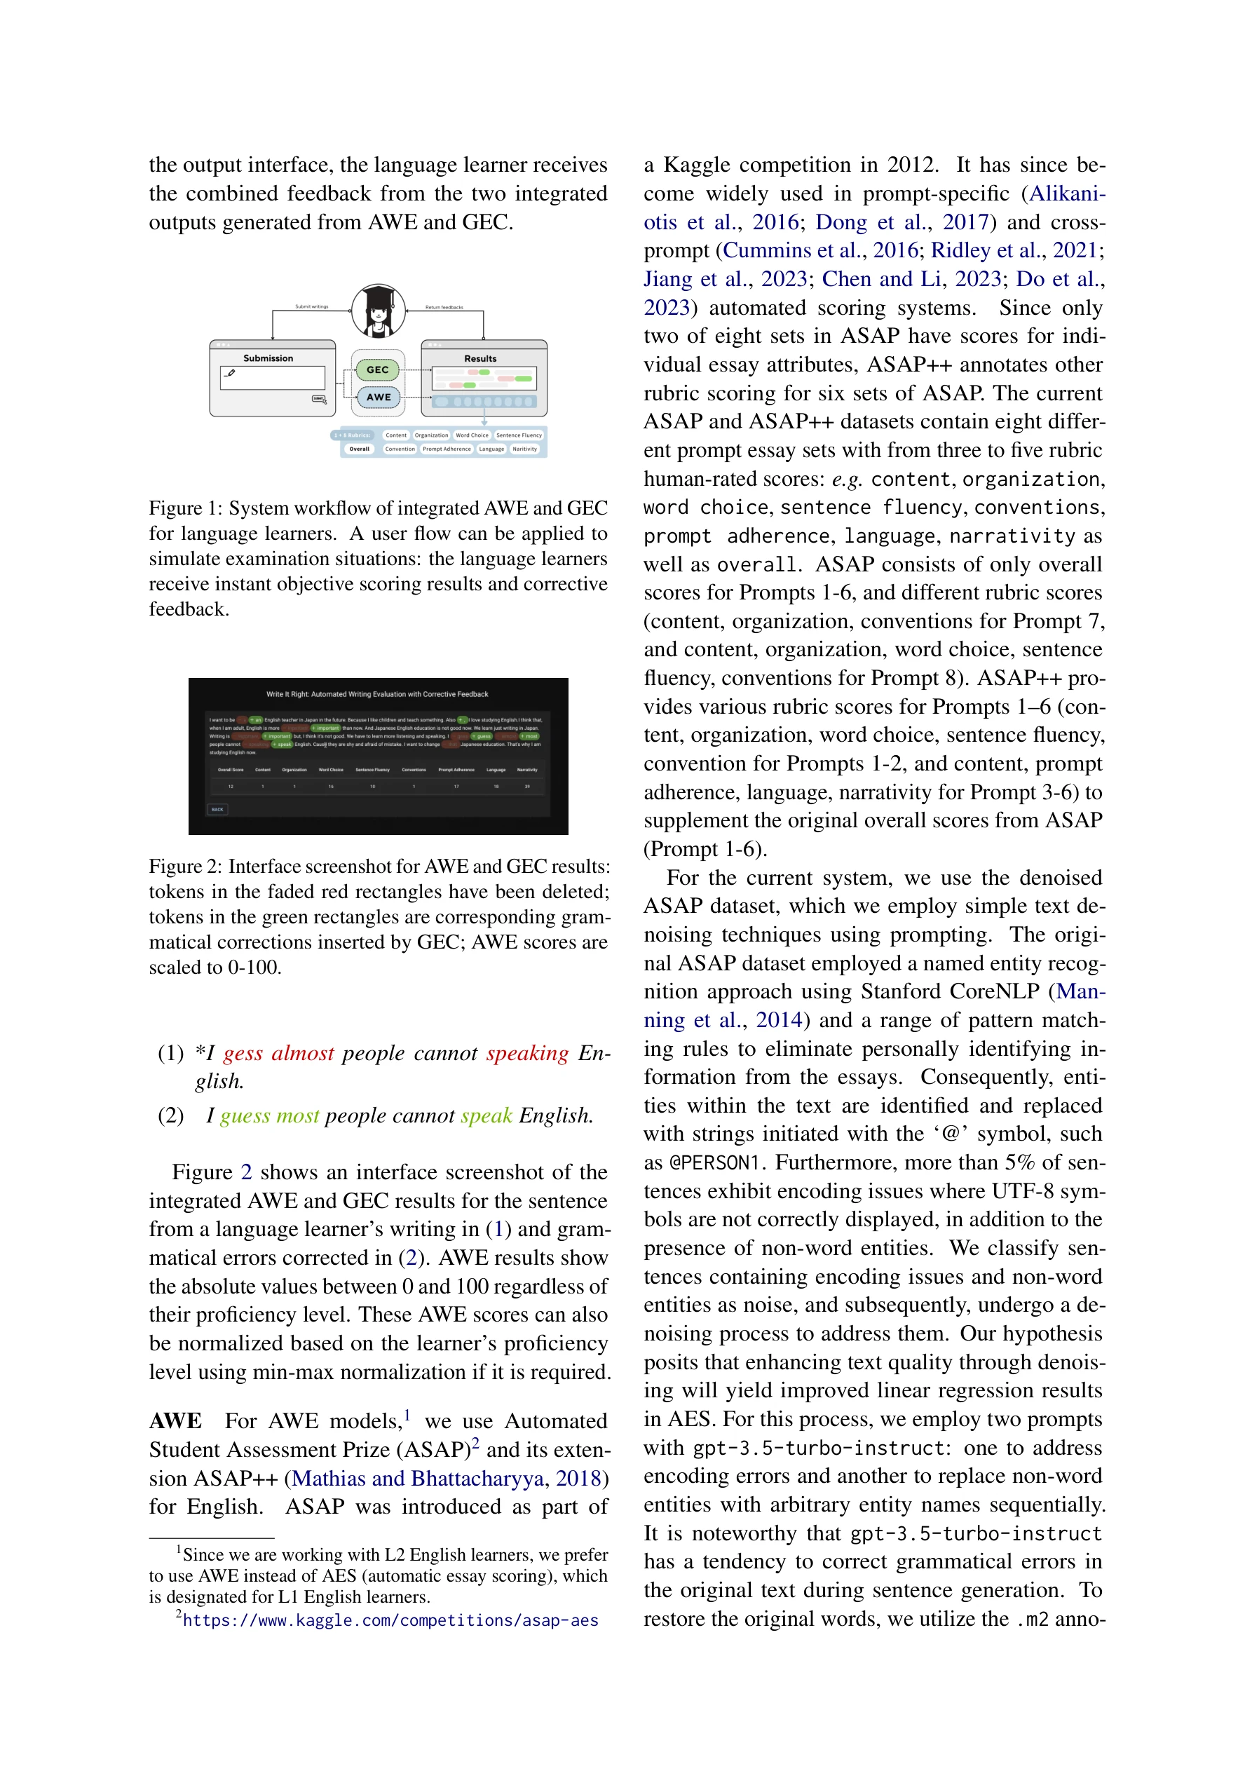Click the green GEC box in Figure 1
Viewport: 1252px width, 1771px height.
point(377,370)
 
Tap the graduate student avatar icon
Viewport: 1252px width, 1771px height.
point(378,311)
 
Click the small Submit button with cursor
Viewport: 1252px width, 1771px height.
point(318,399)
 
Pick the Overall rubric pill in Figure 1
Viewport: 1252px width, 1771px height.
point(359,449)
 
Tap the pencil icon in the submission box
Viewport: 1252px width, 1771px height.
point(230,373)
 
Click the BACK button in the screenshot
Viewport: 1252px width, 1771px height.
point(217,809)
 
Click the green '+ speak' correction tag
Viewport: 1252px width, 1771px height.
point(283,745)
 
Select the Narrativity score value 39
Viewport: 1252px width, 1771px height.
point(527,787)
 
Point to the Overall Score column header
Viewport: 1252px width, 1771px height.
point(230,770)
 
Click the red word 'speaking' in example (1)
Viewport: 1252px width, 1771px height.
point(527,1054)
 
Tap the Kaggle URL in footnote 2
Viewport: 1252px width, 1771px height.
point(390,1620)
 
